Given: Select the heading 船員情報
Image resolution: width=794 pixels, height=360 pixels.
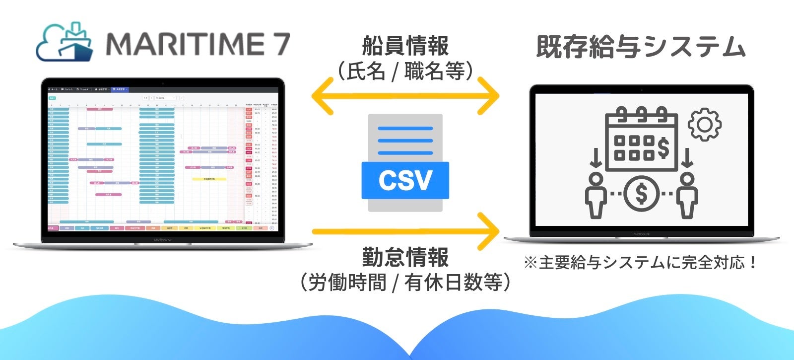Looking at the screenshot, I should tap(405, 46).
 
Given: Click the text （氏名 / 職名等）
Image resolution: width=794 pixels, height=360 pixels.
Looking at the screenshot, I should tap(405, 72).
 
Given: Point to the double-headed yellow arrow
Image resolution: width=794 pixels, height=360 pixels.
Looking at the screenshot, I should tap(405, 96).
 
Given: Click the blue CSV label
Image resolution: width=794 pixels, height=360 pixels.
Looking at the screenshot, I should tap(405, 180).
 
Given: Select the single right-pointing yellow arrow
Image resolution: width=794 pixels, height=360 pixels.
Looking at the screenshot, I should tap(405, 231).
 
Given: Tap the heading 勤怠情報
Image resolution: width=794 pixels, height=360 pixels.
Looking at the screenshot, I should tap(405, 257).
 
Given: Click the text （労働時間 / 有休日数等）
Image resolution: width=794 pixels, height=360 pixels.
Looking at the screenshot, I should tap(405, 283).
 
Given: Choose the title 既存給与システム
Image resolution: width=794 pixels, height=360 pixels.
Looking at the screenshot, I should tap(641, 48).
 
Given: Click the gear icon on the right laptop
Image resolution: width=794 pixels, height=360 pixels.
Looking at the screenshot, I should tap(705, 125).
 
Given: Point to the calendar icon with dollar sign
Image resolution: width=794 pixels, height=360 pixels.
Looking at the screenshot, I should tap(642, 140).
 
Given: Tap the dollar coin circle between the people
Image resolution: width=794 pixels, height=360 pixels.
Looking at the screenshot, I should tap(642, 194).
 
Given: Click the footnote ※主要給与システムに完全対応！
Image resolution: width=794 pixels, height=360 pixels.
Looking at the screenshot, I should tap(641, 263).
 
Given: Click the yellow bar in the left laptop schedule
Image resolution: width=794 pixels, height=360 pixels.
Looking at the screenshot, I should tap(209, 179).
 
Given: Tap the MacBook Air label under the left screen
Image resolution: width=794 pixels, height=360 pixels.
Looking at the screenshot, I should tap(162, 240).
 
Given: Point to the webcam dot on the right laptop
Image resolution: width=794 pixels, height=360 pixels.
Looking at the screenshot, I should tap(641, 90).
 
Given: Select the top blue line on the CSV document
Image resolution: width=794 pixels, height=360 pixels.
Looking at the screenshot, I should tap(405, 129).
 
